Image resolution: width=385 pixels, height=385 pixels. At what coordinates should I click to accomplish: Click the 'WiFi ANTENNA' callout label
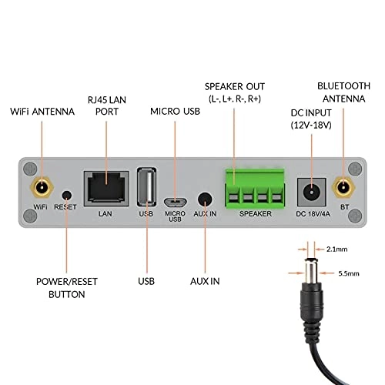(x=42, y=112)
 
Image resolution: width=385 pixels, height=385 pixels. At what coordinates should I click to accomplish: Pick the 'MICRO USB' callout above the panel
(x=175, y=112)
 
